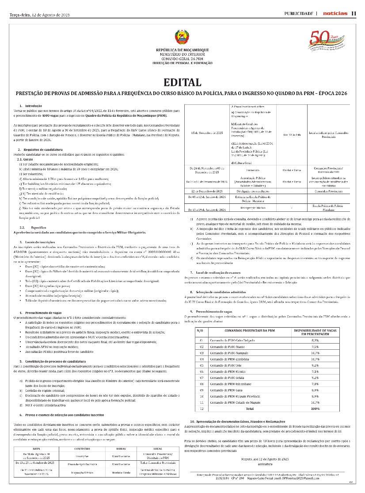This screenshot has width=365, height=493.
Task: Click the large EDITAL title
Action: point(182,82)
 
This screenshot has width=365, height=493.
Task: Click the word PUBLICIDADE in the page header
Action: point(299,13)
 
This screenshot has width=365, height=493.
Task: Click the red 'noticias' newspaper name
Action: point(335,13)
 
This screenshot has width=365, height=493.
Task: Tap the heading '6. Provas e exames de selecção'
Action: point(61,415)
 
